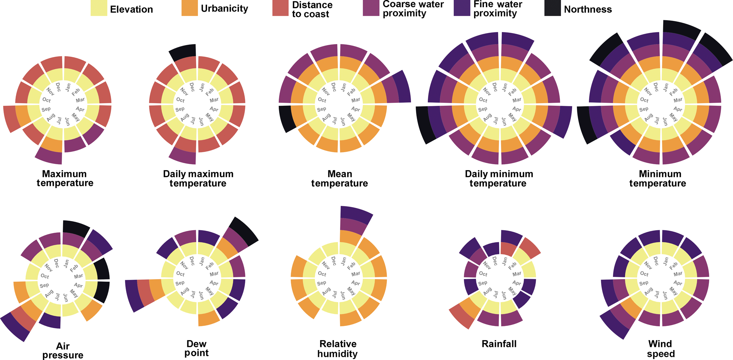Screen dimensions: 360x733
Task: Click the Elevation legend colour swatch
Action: (x=99, y=8)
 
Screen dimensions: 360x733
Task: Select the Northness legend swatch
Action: (x=552, y=8)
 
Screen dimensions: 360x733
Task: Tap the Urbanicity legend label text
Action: (x=224, y=9)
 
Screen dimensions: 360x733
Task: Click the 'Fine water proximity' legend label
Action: (x=498, y=9)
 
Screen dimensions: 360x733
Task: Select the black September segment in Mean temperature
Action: (x=287, y=118)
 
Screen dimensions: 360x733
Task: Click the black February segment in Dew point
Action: (x=244, y=231)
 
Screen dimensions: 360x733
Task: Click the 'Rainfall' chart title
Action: (x=499, y=344)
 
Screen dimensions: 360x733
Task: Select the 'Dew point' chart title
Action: (x=197, y=348)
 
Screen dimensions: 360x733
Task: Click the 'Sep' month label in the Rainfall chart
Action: (x=483, y=283)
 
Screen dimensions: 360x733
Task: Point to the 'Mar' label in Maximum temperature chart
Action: (x=80, y=100)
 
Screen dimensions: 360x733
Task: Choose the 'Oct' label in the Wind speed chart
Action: (x=644, y=274)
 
